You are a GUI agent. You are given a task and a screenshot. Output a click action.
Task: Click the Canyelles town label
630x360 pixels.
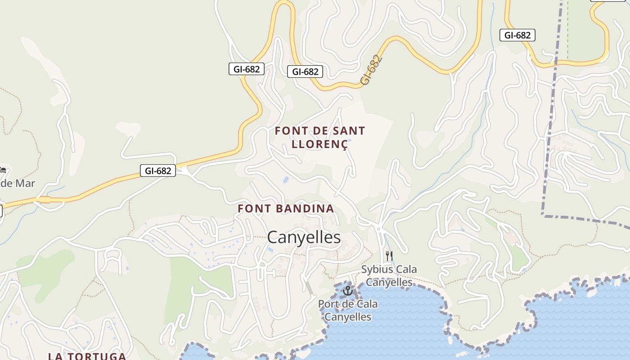[x=304, y=237]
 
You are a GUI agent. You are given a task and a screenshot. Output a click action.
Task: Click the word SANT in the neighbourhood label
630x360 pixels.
[x=349, y=131]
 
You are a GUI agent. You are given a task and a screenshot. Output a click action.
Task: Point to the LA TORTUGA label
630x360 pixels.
[x=87, y=356]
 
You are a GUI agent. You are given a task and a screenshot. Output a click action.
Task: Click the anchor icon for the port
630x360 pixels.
[x=347, y=291]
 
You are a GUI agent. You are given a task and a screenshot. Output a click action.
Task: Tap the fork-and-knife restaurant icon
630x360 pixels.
[x=389, y=256]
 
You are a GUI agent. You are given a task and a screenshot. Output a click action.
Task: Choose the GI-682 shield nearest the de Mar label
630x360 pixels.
[x=157, y=171]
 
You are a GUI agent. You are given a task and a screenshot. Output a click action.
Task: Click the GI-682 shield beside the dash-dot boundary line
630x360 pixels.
[x=517, y=35]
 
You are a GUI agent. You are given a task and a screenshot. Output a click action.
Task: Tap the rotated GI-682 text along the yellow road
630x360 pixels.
[x=371, y=70]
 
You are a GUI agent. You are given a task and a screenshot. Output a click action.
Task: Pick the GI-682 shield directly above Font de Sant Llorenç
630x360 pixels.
[x=305, y=72]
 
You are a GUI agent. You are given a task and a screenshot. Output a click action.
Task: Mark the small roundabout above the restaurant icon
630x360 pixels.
[x=378, y=229]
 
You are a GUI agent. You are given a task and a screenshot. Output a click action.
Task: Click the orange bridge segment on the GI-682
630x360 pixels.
[x=45, y=199]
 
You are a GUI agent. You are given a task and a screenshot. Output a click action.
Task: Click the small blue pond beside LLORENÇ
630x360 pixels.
[x=350, y=141]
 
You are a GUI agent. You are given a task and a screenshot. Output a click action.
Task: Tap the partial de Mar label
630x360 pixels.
[x=17, y=183]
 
